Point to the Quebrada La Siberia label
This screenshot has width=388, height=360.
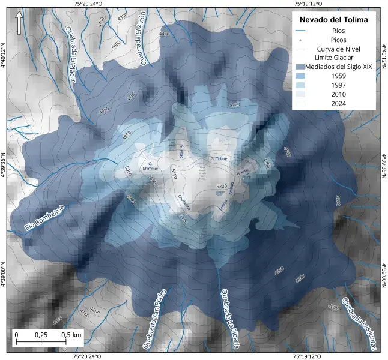(x=231, y=317)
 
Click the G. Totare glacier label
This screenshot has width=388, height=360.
(x=220, y=158)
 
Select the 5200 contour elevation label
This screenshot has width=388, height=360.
(x=221, y=187)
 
